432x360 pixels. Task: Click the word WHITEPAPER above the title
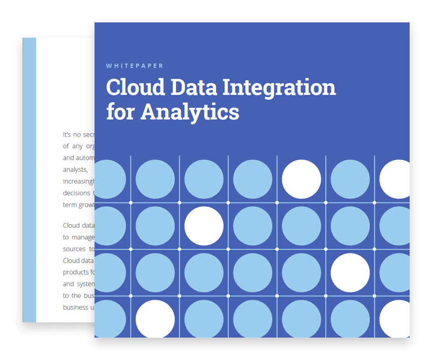(135, 66)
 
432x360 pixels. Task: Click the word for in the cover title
(120, 111)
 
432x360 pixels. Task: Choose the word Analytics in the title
(190, 112)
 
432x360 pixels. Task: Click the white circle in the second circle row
(204, 226)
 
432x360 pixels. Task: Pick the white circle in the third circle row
(350, 273)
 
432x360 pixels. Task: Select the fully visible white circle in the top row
(301, 179)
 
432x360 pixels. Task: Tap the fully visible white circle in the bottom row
(155, 319)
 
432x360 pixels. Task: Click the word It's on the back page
(67, 135)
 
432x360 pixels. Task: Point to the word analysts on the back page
(75, 170)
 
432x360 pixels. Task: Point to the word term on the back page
(69, 204)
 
